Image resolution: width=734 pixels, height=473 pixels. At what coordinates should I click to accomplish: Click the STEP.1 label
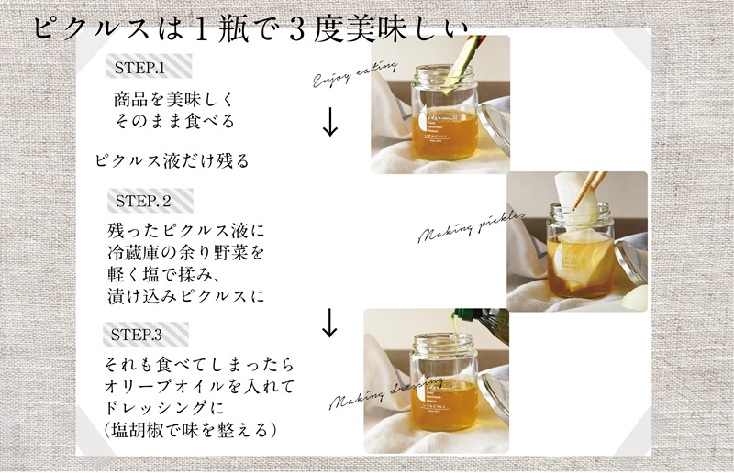tap(139, 69)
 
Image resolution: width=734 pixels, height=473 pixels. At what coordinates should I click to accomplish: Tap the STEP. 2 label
tap(143, 201)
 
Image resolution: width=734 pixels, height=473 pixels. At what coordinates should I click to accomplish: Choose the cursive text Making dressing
tap(385, 394)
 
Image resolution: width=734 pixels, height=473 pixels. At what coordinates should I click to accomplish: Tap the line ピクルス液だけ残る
tap(172, 160)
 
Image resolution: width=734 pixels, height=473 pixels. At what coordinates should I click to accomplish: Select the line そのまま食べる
tap(174, 121)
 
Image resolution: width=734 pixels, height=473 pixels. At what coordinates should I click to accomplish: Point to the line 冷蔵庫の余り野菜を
tap(185, 252)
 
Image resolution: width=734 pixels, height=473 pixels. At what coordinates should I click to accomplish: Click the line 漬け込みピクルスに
tap(185, 295)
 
